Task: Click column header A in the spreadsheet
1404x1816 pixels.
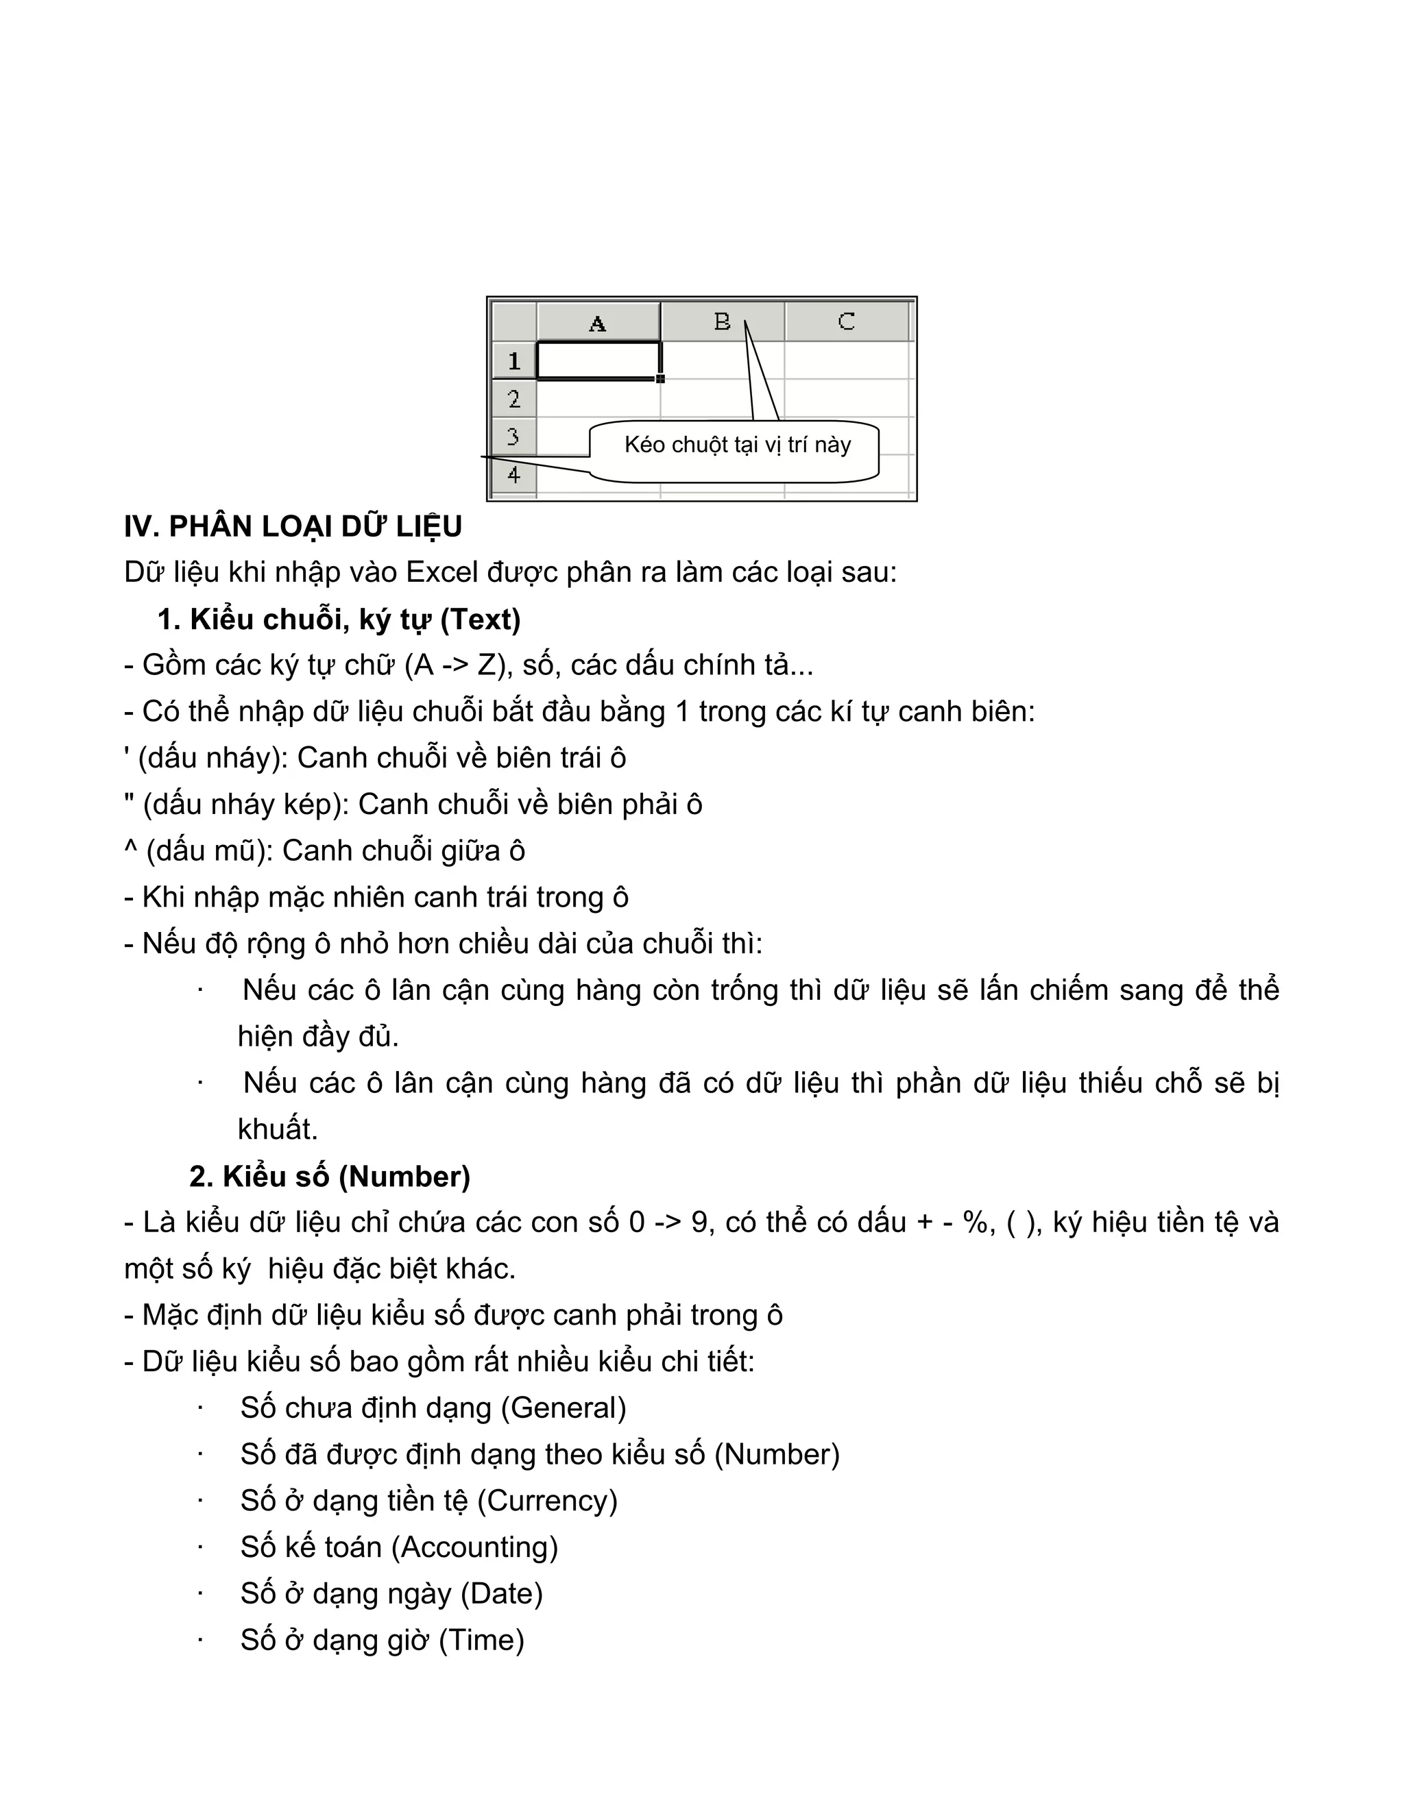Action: (x=597, y=323)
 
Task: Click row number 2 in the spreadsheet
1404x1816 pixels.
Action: (x=513, y=399)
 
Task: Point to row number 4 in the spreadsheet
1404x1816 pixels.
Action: (x=513, y=476)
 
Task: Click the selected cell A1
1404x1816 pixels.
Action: (x=598, y=360)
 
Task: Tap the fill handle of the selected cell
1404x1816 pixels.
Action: (x=660, y=378)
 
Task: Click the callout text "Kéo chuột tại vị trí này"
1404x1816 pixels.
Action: (x=737, y=445)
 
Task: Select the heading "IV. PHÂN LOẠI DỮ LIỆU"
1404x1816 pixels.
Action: (x=293, y=527)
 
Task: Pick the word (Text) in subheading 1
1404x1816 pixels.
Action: (x=480, y=619)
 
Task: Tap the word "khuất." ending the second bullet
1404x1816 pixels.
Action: (x=278, y=1129)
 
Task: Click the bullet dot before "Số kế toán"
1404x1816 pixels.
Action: (x=200, y=1547)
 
